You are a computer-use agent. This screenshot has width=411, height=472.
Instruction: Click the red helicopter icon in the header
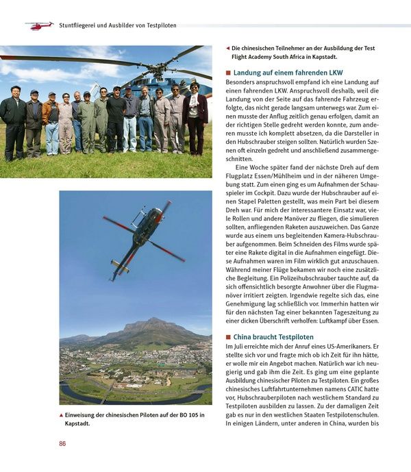(x=39, y=25)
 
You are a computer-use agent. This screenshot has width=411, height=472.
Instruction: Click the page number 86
(x=62, y=444)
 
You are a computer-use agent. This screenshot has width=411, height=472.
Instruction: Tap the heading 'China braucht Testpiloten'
(x=273, y=337)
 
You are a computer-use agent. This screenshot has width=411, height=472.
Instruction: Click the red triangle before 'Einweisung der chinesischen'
(x=61, y=415)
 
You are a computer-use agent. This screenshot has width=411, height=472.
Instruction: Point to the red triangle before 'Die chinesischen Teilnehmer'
(x=227, y=49)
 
